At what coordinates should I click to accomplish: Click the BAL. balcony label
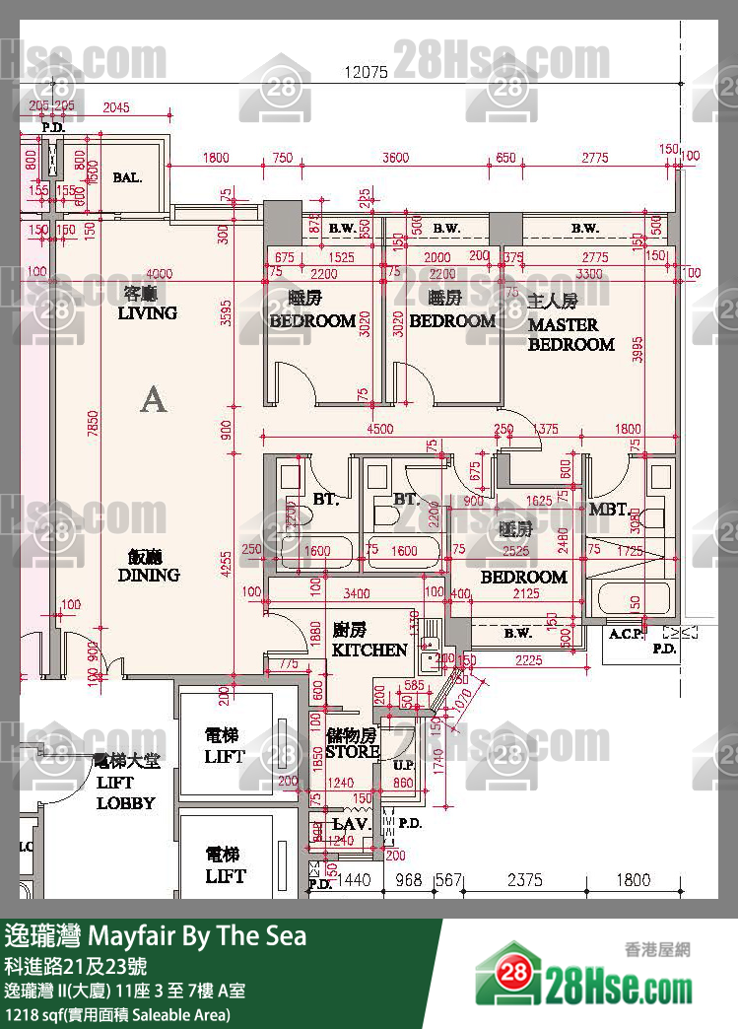127,178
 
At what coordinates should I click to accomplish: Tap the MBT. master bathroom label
607,511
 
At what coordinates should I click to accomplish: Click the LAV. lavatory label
350,823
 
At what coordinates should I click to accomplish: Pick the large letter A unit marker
153,400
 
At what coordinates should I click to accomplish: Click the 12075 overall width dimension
367,72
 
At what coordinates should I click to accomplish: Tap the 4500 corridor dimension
379,429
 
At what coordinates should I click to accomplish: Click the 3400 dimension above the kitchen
352,593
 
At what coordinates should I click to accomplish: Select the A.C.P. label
626,634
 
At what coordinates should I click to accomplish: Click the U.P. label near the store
402,765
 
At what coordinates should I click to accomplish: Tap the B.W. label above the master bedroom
584,229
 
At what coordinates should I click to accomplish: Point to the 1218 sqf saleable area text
118,1014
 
